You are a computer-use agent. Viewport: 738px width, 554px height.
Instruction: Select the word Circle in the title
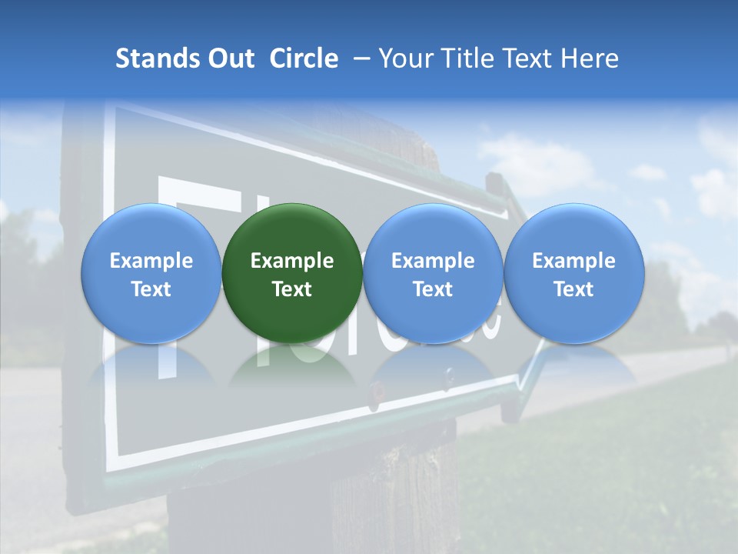click(x=304, y=58)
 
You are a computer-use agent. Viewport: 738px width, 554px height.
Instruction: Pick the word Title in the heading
click(x=469, y=58)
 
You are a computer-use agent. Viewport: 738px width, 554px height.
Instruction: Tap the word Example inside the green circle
click(x=292, y=261)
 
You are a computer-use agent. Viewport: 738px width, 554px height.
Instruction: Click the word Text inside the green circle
click(x=292, y=289)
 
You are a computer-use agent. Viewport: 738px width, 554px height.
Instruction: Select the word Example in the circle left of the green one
click(x=151, y=261)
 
